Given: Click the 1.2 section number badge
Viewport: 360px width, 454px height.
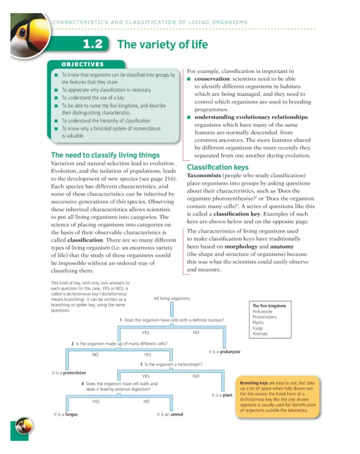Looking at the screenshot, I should pyautogui.click(x=95, y=44).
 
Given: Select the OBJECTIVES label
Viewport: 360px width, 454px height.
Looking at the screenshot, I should pyautogui.click(x=82, y=64).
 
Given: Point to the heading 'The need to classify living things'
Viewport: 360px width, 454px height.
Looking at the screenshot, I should pyautogui.click(x=105, y=154).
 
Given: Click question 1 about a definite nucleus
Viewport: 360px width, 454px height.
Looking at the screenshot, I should pyautogui.click(x=171, y=320).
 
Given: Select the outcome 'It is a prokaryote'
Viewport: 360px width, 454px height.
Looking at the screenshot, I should pyautogui.click(x=224, y=351).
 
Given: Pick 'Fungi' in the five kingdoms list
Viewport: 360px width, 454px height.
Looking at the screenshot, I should pyautogui.click(x=258, y=328).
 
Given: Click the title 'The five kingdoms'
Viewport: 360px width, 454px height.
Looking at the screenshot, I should pyautogui.click(x=269, y=306).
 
